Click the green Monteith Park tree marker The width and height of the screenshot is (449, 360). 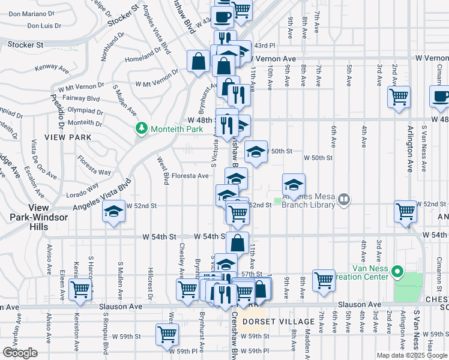(142, 128)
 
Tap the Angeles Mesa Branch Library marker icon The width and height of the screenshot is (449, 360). (344, 199)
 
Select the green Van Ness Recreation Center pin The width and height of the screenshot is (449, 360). (397, 273)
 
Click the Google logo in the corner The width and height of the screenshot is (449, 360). (20, 353)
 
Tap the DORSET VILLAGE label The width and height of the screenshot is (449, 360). (270, 322)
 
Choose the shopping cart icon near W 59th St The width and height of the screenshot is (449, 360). (167, 334)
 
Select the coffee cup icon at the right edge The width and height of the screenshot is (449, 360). (440, 96)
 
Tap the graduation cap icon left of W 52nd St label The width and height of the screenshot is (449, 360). (112, 212)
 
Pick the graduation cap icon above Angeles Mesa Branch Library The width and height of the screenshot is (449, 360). (294, 184)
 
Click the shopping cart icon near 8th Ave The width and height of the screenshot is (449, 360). (324, 279)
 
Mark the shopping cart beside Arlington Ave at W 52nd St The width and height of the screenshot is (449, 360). (406, 211)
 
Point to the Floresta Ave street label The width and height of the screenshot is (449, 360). (190, 176)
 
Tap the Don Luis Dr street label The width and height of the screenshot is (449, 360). (44, 26)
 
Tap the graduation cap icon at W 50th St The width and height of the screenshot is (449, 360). (256, 152)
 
